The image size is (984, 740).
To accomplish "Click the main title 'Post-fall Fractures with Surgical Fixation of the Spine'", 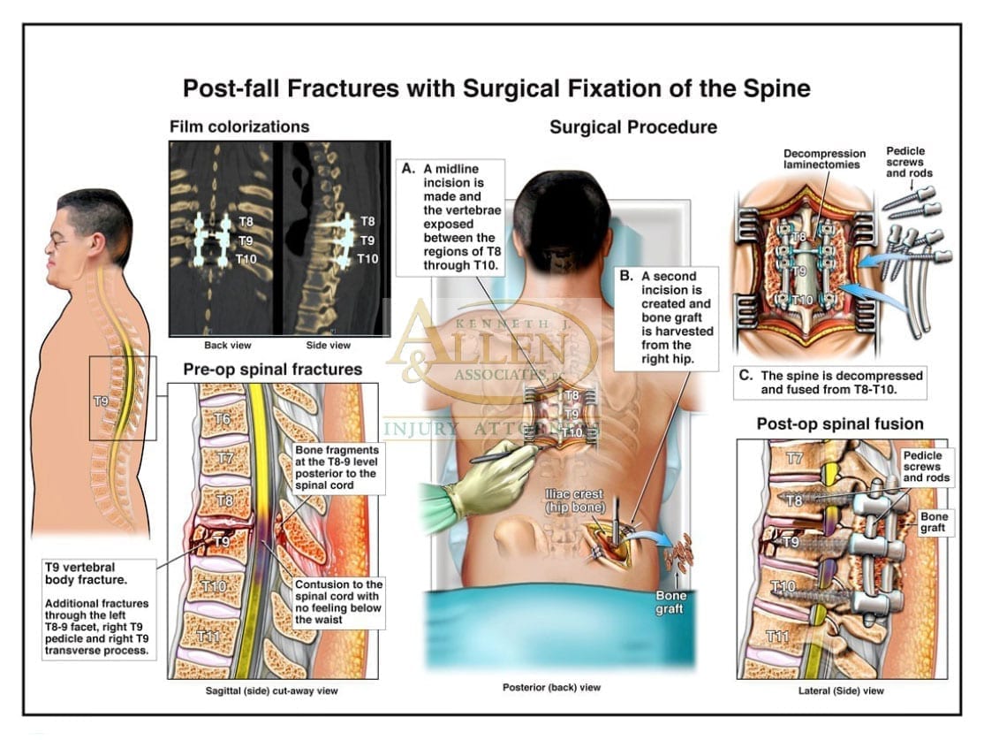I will [496, 88].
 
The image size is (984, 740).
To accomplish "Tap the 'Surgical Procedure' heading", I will [632, 127].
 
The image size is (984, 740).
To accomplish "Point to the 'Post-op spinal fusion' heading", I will [839, 424].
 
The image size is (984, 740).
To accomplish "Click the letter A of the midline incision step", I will [407, 167].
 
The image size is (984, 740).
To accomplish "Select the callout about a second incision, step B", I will [667, 316].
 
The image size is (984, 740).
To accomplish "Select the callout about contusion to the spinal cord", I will [339, 601].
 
